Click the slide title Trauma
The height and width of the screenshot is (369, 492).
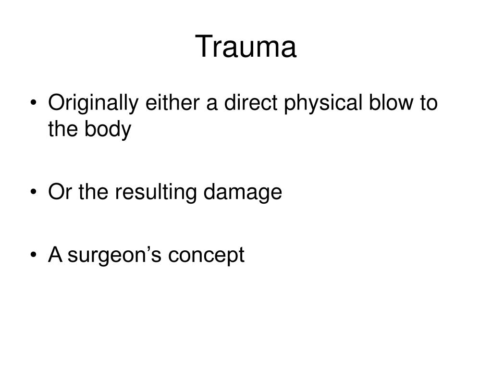tap(246, 47)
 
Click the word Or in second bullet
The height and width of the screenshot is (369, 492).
tap(58, 192)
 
